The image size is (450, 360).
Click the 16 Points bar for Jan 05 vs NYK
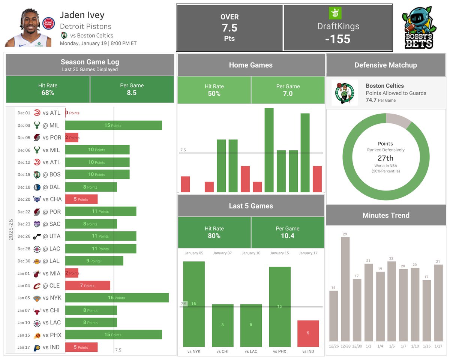click(117, 298)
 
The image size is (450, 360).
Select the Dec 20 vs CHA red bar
click(81, 199)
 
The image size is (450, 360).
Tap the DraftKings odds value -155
click(338, 39)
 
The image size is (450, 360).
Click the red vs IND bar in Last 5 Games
click(308, 333)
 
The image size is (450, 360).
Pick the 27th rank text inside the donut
click(385, 158)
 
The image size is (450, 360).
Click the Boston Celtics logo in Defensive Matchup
click(345, 93)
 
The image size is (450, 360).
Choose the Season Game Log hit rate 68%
click(48, 93)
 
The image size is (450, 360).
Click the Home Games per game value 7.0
click(288, 93)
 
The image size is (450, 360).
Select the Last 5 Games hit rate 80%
click(214, 235)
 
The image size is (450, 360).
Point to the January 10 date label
click(251, 253)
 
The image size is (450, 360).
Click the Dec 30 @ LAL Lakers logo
click(37, 261)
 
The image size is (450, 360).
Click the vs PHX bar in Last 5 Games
click(279, 306)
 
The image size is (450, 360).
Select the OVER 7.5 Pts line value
click(229, 28)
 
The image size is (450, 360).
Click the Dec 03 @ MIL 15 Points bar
click(113, 125)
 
